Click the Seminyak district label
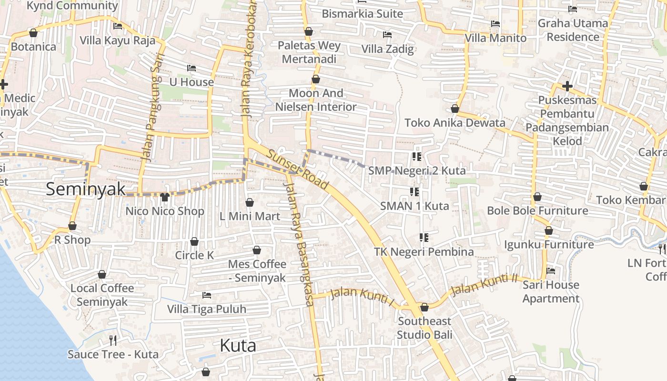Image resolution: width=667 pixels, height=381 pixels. (x=86, y=189)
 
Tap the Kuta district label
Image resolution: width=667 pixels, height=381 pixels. (x=238, y=345)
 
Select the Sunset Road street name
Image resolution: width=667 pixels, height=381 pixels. (x=298, y=170)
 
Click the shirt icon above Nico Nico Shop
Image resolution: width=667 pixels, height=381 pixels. (x=165, y=197)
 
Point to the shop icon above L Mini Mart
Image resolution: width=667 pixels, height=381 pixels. (x=249, y=202)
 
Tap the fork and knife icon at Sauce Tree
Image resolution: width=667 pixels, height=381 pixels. (x=113, y=340)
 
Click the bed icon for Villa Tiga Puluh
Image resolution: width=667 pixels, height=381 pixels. (x=207, y=295)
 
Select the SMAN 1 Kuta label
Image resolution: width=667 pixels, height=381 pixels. (x=414, y=206)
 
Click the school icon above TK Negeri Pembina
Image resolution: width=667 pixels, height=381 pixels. (x=424, y=237)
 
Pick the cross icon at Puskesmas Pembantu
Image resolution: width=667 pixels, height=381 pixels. (x=567, y=86)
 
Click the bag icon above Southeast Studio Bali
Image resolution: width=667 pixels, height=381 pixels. (x=424, y=307)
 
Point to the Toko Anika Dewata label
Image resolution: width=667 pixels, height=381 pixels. (x=455, y=123)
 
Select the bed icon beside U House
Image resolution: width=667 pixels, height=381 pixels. (x=192, y=68)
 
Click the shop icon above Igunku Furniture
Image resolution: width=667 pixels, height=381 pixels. (x=548, y=231)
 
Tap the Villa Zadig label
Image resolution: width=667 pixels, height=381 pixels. (x=387, y=49)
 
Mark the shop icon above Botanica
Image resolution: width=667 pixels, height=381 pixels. (x=33, y=33)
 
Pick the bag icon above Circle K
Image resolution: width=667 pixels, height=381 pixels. (x=194, y=241)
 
